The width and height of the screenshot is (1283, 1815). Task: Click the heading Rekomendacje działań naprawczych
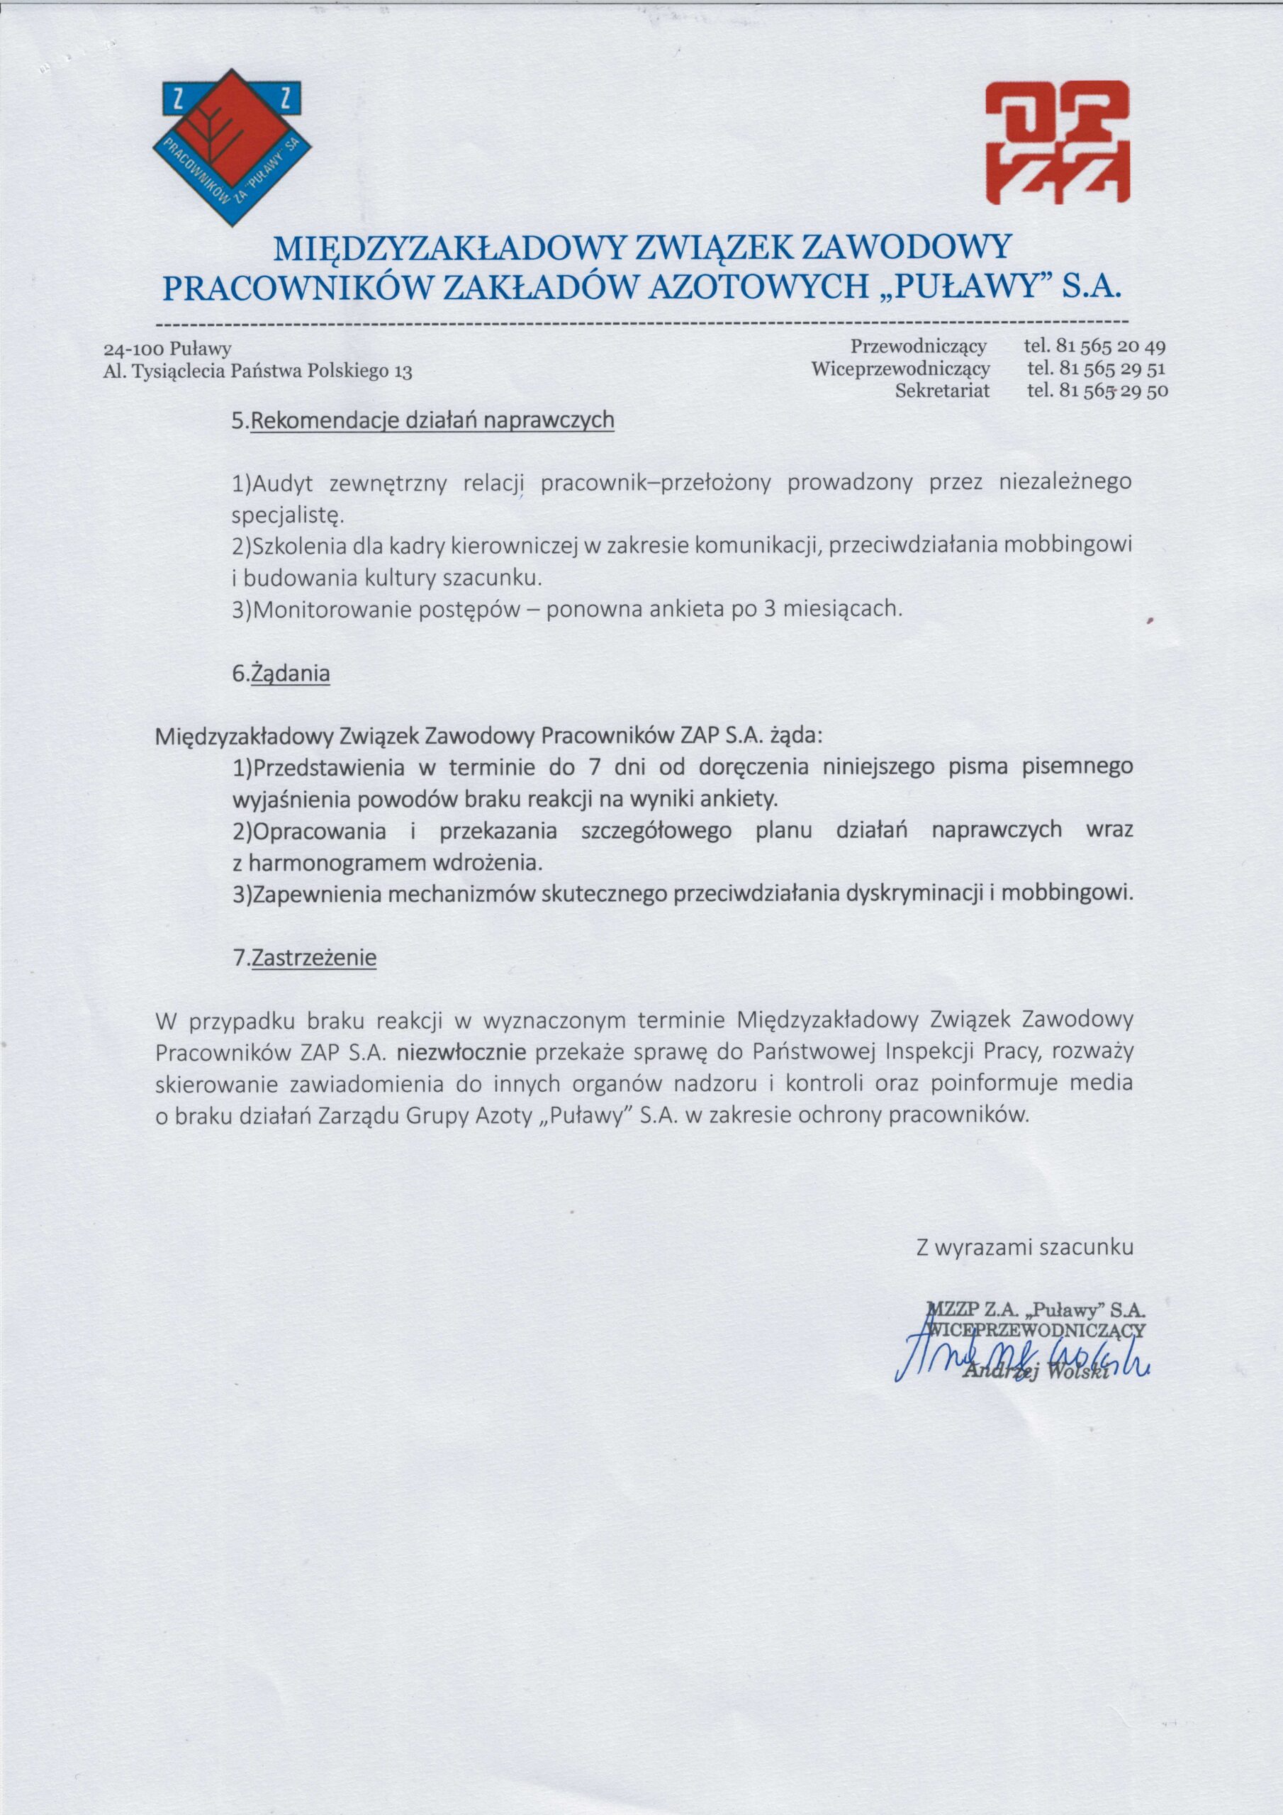click(x=432, y=420)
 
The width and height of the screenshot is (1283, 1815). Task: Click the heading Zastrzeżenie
click(x=313, y=959)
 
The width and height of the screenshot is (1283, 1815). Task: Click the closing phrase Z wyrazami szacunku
click(x=1024, y=1247)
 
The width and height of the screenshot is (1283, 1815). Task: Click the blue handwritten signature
click(x=1020, y=1355)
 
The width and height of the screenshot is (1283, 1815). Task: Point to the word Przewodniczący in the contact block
click(x=919, y=346)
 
